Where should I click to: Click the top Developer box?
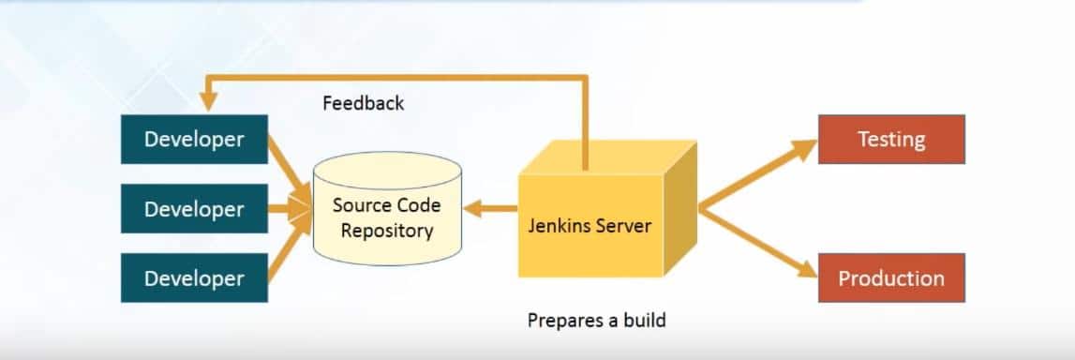click(194, 139)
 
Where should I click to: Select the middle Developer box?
click(194, 209)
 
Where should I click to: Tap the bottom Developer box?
click(194, 278)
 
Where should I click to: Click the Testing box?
click(891, 139)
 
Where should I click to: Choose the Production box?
click(891, 278)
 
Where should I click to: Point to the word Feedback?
click(363, 103)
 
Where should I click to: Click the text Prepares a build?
click(596, 320)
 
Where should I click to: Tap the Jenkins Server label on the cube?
click(589, 225)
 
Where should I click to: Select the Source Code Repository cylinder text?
click(386, 217)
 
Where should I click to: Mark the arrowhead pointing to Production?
click(806, 270)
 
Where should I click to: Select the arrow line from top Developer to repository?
click(285, 159)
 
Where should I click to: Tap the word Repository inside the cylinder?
click(386, 230)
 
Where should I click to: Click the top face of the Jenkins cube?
click(609, 157)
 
